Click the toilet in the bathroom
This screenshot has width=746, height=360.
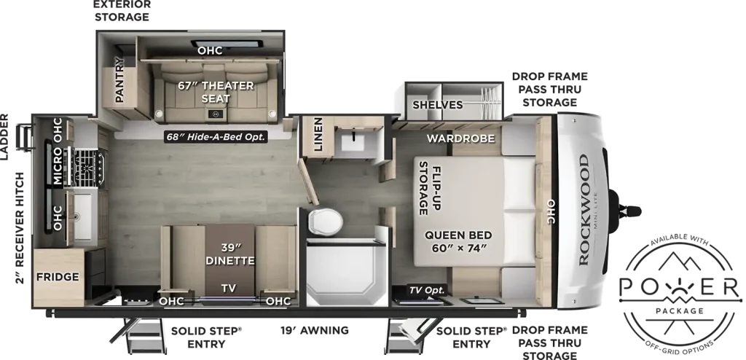[x=326, y=222]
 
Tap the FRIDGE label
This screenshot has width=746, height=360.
[x=58, y=277]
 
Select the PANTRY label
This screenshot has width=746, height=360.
[x=119, y=79]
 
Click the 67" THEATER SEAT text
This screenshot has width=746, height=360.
[x=216, y=92]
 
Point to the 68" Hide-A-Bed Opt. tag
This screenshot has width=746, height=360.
[x=216, y=136]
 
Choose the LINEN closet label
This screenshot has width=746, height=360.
[x=318, y=135]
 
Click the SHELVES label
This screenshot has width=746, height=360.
[x=438, y=105]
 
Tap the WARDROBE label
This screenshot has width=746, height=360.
[x=460, y=138]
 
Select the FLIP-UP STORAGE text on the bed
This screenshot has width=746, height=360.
[x=430, y=188]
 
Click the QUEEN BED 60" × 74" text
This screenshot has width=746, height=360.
[x=458, y=241]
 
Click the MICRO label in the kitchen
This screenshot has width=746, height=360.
[x=58, y=165]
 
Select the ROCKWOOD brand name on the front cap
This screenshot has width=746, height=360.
[x=584, y=210]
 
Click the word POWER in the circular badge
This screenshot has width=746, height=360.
[x=680, y=287]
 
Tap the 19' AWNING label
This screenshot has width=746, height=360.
[x=314, y=330]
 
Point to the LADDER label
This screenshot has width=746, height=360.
[x=5, y=137]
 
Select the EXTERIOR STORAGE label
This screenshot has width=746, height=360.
[x=122, y=10]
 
